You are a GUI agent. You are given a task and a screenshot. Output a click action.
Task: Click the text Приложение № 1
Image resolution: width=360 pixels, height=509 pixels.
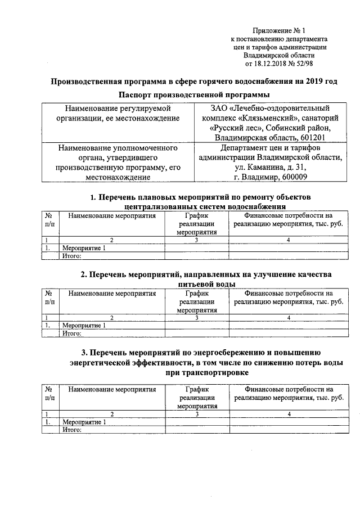tap(280, 30)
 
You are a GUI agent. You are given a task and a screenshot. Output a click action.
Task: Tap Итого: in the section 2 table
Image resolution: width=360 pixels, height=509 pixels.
tap(72, 333)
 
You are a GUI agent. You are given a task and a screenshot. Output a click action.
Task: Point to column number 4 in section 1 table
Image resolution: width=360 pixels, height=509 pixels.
tap(288, 240)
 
